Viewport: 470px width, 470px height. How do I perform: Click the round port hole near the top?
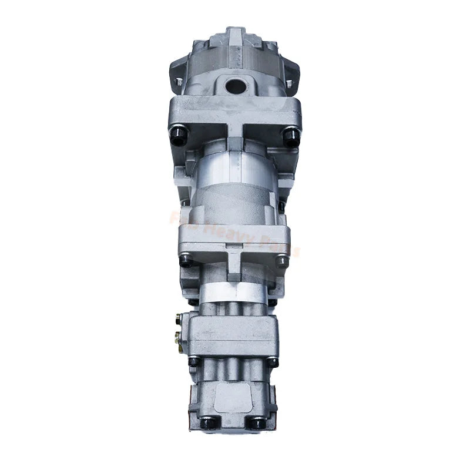pos(236,86)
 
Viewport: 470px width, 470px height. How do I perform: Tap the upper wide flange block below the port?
pos(235,115)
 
